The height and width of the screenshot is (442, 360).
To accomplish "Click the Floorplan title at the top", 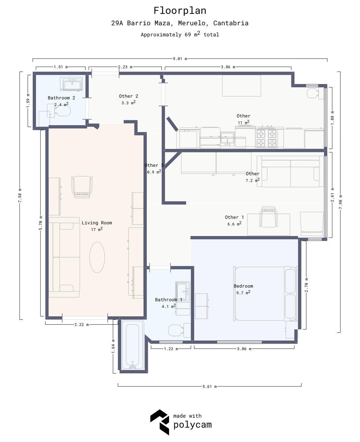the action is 180,10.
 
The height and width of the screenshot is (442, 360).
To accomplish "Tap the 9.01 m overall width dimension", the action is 180,59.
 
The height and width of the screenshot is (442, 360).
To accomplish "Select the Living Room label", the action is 97,223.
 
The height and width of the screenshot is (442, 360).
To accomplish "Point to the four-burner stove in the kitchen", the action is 266,137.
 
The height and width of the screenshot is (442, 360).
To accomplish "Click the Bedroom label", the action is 243,286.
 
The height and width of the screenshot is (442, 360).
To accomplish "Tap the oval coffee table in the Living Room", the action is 97,257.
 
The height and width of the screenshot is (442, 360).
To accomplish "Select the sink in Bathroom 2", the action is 71,84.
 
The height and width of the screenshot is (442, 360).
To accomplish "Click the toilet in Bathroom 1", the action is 180,331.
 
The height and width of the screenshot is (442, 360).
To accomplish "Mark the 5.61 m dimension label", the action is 210,387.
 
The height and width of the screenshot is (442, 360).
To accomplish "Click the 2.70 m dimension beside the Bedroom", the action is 306,285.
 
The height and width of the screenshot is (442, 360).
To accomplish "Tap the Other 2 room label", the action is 129,96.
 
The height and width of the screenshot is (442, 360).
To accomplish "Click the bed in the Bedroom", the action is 266,294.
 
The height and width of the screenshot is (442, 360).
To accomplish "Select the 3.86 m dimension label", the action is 228,67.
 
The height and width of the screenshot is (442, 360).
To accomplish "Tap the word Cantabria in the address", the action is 231,23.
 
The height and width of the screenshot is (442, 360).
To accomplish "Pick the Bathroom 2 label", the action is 61,98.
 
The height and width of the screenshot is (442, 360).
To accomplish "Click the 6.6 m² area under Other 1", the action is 234,224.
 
